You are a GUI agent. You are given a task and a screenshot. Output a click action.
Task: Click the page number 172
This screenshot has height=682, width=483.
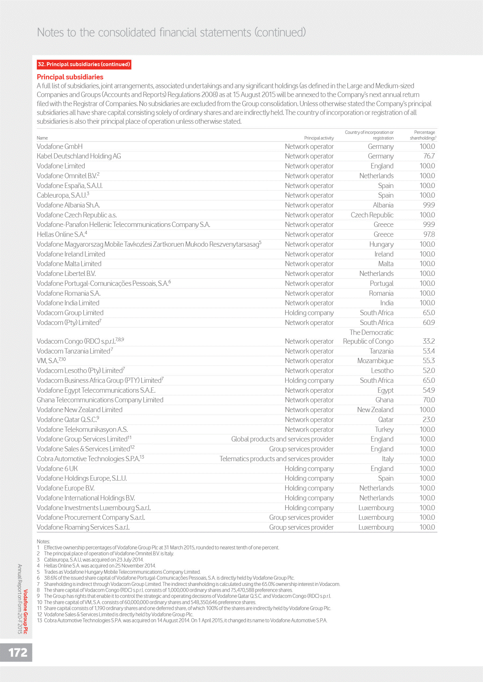point(18,652)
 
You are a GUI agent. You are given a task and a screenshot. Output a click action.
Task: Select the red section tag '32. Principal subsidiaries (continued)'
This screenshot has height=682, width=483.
point(84,64)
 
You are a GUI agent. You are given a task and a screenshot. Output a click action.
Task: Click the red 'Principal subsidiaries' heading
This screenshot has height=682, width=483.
point(70,77)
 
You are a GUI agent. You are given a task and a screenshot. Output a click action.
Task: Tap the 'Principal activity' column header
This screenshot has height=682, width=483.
point(319,138)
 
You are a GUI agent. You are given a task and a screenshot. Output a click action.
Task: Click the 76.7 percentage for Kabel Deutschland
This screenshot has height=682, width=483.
point(429,156)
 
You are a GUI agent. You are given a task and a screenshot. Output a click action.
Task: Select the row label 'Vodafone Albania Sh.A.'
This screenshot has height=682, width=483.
point(68,205)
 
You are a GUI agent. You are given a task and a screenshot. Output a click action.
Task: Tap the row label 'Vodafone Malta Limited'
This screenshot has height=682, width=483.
point(69,264)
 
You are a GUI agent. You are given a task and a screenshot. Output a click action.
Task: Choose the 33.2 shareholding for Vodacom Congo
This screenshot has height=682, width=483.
point(429,341)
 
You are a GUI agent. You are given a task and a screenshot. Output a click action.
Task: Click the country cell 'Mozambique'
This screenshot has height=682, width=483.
point(375,361)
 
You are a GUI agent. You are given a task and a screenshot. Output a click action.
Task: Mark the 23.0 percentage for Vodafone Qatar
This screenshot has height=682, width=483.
point(429,420)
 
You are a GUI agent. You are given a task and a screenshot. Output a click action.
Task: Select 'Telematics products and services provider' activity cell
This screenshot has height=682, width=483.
point(277,459)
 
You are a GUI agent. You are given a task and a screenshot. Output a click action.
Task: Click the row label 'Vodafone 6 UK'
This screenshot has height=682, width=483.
point(57,468)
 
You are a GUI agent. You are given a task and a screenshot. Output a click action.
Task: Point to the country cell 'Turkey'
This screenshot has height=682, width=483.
point(384,430)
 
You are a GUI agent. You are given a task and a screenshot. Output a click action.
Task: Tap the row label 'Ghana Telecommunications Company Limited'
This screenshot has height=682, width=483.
point(100,400)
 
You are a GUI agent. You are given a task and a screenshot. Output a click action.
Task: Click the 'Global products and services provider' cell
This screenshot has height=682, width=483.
point(282,439)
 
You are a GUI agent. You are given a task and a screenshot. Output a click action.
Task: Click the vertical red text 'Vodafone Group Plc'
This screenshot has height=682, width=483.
point(26,611)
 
